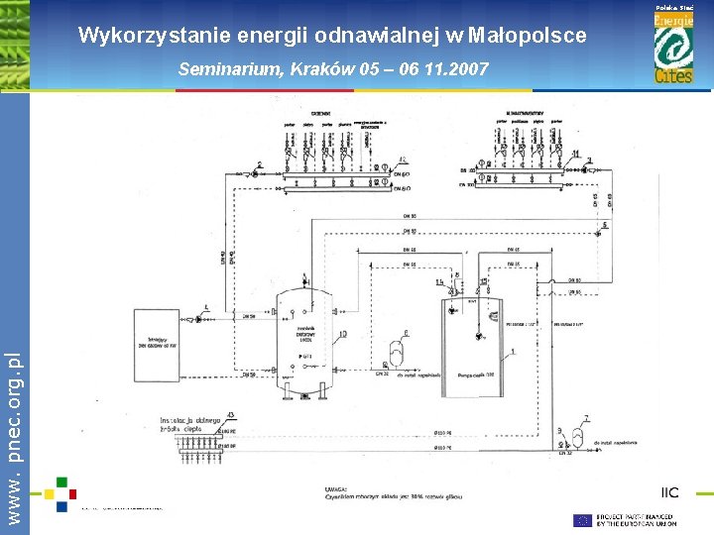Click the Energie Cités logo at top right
(673, 48)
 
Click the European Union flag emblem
(583, 519)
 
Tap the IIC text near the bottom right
(670, 492)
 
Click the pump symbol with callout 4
(199, 318)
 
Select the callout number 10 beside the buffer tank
(342, 335)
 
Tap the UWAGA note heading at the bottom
(336, 488)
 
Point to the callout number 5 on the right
(606, 226)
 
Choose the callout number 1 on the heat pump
(514, 353)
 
